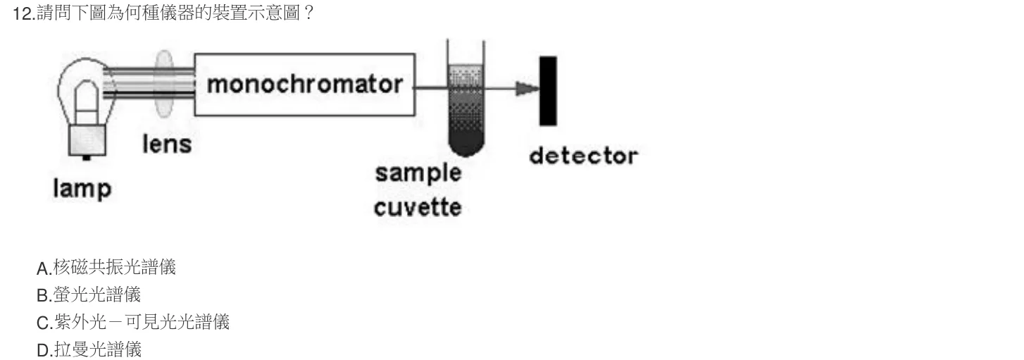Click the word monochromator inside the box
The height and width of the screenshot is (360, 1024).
point(305,85)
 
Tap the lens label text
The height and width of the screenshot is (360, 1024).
point(167,144)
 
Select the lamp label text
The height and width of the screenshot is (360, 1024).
point(82,189)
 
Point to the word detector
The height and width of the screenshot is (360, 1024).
point(583,156)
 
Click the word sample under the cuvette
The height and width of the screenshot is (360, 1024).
point(418,173)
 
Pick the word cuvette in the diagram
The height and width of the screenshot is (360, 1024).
point(418,207)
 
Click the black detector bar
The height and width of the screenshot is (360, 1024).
point(548,91)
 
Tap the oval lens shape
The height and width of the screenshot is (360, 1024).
point(163,84)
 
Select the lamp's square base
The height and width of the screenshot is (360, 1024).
point(87,141)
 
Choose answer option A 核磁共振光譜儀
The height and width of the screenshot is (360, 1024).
point(106,267)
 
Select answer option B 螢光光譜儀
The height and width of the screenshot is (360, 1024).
point(89,294)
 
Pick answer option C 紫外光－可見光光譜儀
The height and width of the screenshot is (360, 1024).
point(133,322)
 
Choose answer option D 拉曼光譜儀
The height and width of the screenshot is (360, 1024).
point(89,350)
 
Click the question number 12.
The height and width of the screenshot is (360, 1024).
point(23,13)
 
